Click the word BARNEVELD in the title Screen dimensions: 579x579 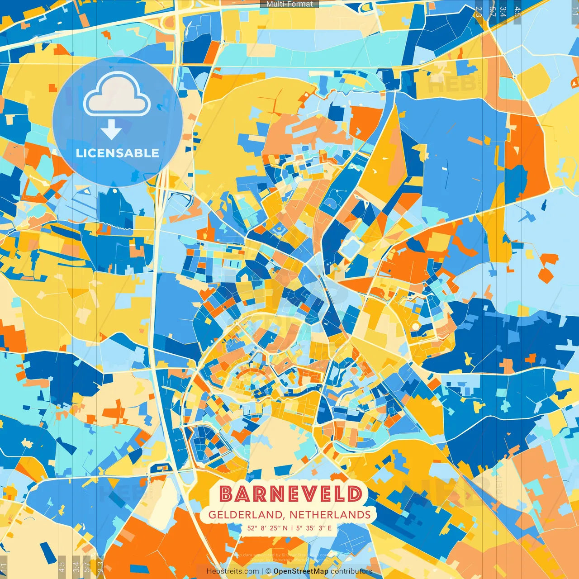291,494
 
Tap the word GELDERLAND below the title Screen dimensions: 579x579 245,515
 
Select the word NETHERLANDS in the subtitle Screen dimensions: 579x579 330,515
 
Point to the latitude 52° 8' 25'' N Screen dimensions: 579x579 267,528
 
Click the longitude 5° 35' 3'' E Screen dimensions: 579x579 314,528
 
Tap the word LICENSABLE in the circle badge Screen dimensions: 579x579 118,153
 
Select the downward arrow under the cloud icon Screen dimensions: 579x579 111,130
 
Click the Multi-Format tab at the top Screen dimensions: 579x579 289,4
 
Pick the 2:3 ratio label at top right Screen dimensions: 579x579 479,12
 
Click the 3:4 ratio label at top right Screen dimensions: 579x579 503,12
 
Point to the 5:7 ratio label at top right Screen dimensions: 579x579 492,12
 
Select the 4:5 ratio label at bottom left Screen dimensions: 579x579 62,567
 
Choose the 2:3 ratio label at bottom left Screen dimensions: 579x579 100,567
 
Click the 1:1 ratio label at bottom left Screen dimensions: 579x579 4,567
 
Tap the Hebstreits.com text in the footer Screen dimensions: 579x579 233,571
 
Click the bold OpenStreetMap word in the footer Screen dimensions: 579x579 301,571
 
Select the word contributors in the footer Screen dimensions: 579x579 351,571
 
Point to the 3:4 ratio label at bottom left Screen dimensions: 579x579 76,567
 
